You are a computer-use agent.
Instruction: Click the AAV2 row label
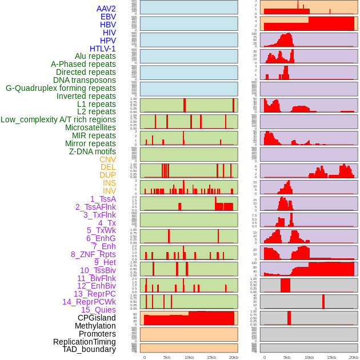click(x=106, y=9)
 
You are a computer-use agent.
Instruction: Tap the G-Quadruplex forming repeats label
click(x=61, y=88)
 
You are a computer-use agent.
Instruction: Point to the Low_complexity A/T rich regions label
click(x=58, y=119)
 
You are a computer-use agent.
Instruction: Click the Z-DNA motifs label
click(x=93, y=151)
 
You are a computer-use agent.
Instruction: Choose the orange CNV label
click(x=107, y=159)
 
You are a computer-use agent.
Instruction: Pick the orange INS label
click(x=109, y=183)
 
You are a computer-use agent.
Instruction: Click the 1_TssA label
click(x=103, y=199)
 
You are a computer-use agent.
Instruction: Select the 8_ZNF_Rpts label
click(x=93, y=254)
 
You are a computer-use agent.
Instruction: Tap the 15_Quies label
click(x=98, y=310)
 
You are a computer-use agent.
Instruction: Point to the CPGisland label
click(x=97, y=318)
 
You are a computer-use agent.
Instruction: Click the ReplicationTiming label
click(x=84, y=342)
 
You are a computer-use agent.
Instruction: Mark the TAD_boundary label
click(x=89, y=349)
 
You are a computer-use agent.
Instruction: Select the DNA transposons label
click(x=85, y=80)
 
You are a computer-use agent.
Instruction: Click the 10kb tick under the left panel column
click(x=189, y=358)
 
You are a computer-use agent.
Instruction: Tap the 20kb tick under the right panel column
click(x=354, y=358)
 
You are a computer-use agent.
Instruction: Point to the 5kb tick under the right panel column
click(x=287, y=358)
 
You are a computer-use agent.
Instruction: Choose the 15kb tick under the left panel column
click(x=211, y=358)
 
